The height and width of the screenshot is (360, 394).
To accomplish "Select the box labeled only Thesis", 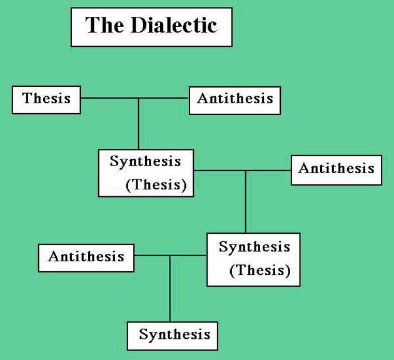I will (x=46, y=99).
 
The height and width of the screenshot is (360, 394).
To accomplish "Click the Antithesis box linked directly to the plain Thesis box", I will (x=235, y=99).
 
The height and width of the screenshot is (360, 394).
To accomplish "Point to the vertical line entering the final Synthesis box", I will (x=170, y=294).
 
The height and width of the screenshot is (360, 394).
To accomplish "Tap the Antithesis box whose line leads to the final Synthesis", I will (x=86, y=257).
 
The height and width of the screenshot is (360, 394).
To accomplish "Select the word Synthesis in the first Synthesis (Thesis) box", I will (x=145, y=161).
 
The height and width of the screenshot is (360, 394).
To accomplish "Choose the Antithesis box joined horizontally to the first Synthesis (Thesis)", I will (x=336, y=169).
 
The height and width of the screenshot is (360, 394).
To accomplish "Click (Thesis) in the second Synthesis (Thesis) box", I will (x=260, y=271).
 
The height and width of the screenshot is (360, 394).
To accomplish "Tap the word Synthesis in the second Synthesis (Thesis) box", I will (x=254, y=247).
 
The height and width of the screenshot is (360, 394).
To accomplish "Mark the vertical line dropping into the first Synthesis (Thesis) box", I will (x=139, y=125).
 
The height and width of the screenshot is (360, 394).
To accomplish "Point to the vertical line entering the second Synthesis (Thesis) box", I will (x=246, y=203).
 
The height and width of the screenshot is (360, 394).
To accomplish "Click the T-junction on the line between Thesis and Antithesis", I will (x=139, y=98).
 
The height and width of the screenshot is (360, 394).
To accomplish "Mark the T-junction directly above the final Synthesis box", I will (x=170, y=256).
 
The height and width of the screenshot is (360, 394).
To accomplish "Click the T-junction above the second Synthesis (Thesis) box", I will (x=246, y=170).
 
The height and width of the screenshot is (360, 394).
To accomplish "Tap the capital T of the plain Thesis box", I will (x=27, y=98).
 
